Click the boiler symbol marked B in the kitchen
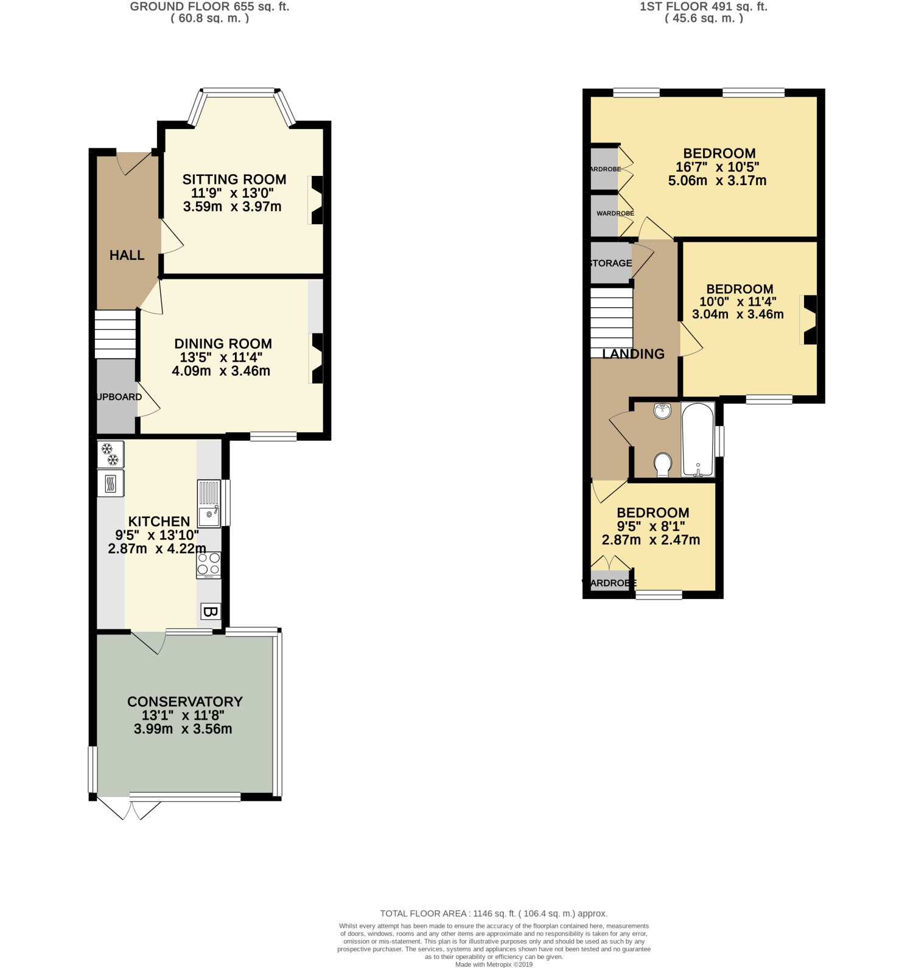click(210, 611)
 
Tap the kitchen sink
click(209, 504)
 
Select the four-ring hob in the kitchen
click(208, 564)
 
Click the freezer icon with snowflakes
click(110, 454)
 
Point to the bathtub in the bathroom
click(698, 439)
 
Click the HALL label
click(127, 255)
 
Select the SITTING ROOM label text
click(234, 179)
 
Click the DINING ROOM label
click(223, 343)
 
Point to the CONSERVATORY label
click(185, 701)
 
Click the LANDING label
click(633, 354)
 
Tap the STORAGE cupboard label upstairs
click(610, 263)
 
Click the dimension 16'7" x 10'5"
click(718, 167)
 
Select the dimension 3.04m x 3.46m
click(738, 315)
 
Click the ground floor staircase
click(115, 334)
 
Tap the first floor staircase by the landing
click(612, 318)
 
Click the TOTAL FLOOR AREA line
click(494, 913)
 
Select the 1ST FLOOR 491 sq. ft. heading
click(704, 7)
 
